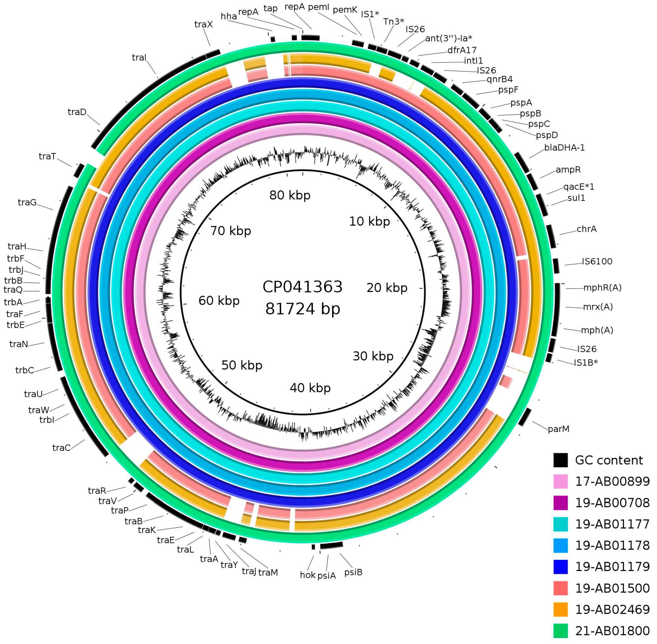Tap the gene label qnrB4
coord(499,80)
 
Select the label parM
coord(558,429)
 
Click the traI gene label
coord(139,58)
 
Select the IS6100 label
coord(597,261)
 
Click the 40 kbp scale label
coord(310,388)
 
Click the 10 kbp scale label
coord(369,221)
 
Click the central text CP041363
coord(302,287)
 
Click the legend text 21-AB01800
coord(612,631)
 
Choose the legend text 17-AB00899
coord(612,481)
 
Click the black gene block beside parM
coord(525,417)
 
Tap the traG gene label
coord(27,203)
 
